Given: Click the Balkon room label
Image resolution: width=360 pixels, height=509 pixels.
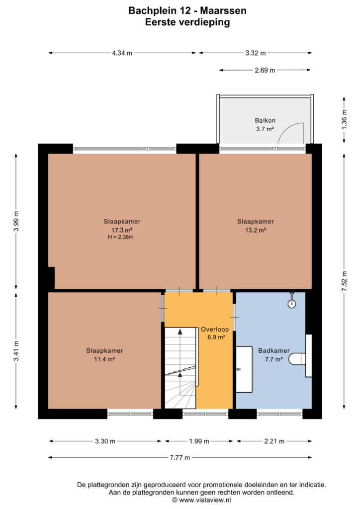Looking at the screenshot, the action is [265, 120].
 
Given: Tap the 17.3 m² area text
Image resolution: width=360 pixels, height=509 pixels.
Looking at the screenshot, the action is [122, 230].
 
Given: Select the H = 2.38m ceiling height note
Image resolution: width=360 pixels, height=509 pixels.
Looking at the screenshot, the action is [121, 237].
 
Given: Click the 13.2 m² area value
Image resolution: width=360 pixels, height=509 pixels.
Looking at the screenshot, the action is [256, 230].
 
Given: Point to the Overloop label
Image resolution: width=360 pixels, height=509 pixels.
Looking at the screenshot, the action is [215, 329].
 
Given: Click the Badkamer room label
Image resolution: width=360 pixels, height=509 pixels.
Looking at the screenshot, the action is [273, 350].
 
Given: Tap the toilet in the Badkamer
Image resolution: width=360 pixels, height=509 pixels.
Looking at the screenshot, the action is [297, 358].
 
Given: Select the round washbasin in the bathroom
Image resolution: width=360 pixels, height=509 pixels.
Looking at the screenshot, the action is [292, 304].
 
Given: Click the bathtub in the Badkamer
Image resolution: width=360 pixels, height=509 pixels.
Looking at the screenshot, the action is [244, 369].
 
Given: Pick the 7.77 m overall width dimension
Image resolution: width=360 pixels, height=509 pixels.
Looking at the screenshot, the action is [180, 457].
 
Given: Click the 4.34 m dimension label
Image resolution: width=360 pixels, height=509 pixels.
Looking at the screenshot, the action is [122, 53].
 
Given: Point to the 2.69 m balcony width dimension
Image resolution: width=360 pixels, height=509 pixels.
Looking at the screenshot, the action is [265, 70].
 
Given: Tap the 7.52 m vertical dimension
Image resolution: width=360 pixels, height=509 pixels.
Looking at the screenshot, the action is [345, 281].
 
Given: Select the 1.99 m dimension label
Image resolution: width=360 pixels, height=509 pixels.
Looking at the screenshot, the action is [199, 441].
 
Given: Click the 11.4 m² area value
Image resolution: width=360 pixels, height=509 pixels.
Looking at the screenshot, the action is [104, 359].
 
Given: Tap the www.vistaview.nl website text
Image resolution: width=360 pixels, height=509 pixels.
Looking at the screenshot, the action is [205, 500].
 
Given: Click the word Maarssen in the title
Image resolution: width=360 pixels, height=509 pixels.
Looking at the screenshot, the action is [223, 11].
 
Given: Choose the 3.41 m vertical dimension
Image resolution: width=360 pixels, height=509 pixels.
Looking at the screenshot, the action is [16, 350].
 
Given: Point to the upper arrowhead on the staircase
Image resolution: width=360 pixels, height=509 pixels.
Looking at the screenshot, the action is [180, 332].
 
